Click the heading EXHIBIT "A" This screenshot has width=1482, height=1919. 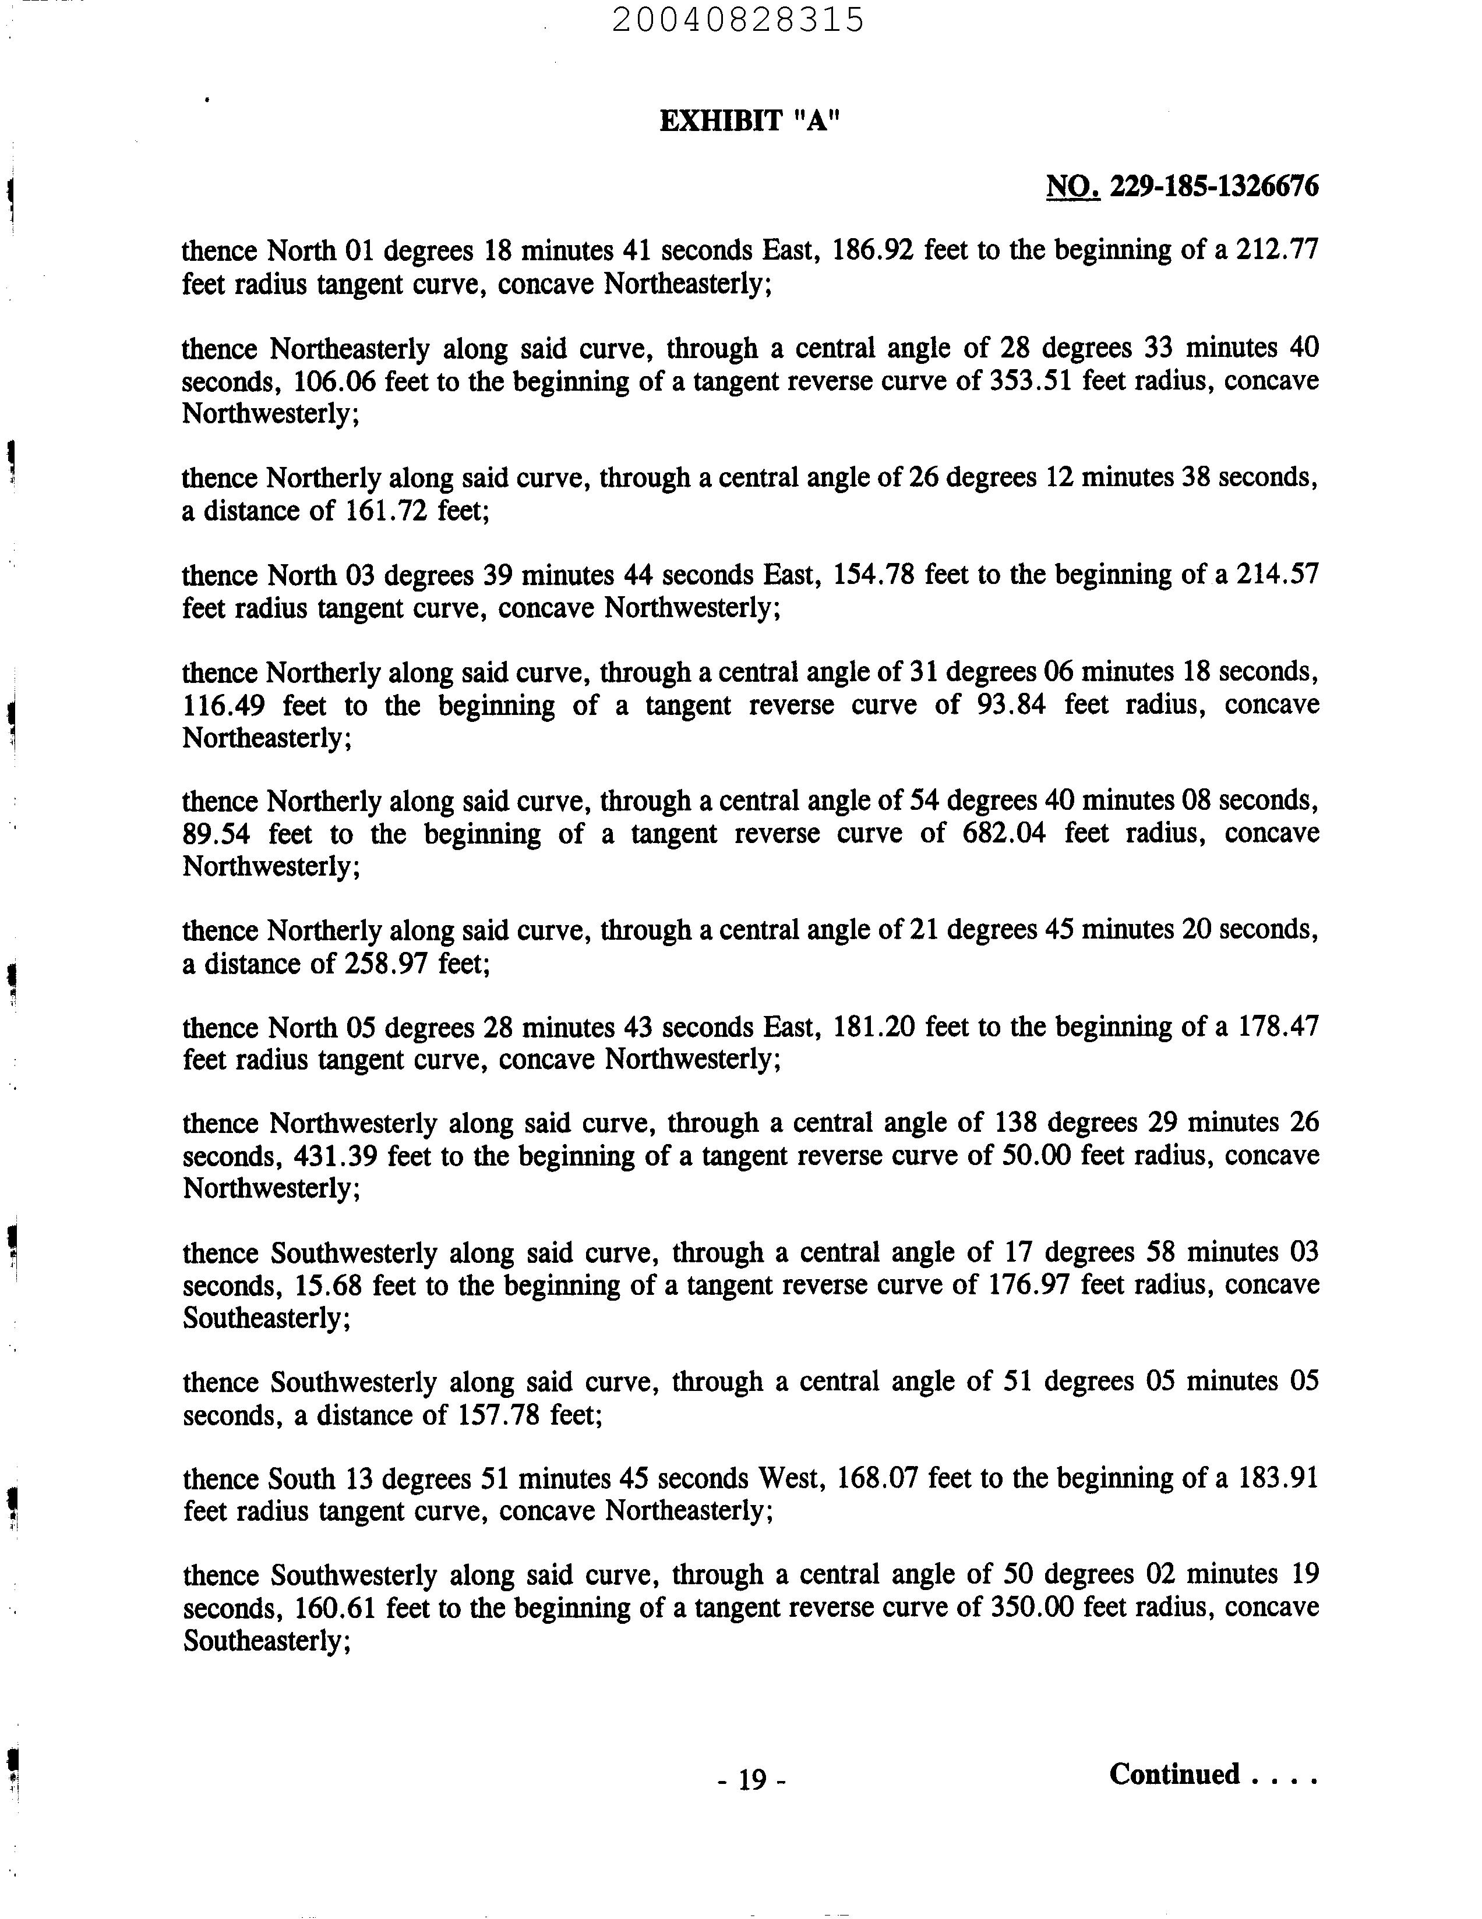pyautogui.click(x=750, y=121)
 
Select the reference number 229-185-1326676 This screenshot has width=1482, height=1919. pyautogui.click(x=1214, y=186)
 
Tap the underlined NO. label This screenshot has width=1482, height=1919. pyautogui.click(x=1072, y=186)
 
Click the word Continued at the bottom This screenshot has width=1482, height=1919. pyautogui.click(x=1174, y=1774)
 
